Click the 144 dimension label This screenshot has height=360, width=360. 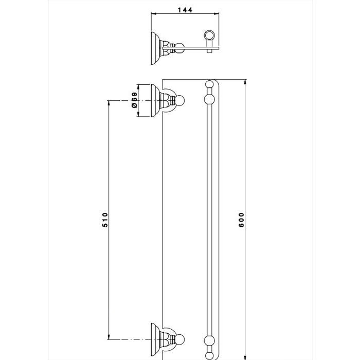point(185,10)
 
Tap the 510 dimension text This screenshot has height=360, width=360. point(105,220)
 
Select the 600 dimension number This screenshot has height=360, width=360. point(241,220)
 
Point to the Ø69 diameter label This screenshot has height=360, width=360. point(134,100)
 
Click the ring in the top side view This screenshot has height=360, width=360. point(209,35)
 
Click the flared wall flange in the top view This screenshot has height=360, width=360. point(154,48)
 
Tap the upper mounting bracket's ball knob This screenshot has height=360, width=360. point(179,101)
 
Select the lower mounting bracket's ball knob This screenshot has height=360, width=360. point(179,339)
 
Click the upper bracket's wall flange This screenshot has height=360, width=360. point(155,101)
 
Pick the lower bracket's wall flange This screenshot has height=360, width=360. point(155,339)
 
